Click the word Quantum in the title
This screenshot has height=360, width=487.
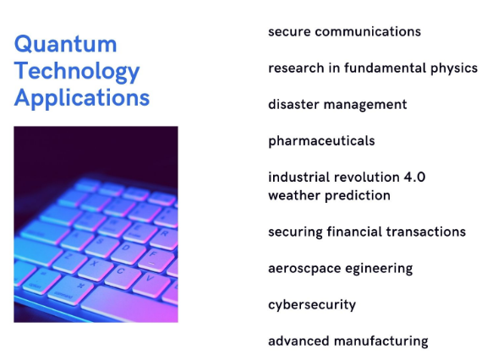pyautogui.click(x=66, y=45)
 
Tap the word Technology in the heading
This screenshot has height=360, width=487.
pyautogui.click(x=77, y=72)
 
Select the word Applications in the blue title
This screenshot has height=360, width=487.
pyautogui.click(x=82, y=98)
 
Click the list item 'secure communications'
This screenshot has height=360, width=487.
pyautogui.click(x=344, y=31)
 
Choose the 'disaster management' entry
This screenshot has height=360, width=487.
pyautogui.click(x=337, y=105)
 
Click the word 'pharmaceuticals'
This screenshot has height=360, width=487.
pyautogui.click(x=321, y=141)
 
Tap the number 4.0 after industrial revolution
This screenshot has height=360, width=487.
pyautogui.click(x=414, y=177)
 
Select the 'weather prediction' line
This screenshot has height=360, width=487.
pyautogui.click(x=329, y=196)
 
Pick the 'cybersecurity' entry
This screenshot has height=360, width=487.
pyautogui.click(x=312, y=305)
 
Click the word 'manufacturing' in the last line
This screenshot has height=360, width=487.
pyautogui.click(x=381, y=341)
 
